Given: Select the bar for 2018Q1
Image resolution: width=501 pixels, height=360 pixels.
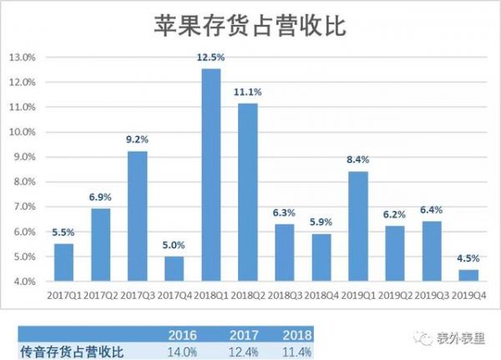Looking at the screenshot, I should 212,175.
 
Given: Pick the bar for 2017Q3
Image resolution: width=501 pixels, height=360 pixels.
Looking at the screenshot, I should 138,216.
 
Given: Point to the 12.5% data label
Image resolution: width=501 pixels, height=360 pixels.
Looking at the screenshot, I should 212,56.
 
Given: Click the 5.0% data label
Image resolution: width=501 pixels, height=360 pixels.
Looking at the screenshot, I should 175,244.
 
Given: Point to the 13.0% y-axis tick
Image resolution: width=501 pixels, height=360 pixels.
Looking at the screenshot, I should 22,58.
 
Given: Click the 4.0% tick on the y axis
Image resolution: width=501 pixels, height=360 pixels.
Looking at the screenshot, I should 23,281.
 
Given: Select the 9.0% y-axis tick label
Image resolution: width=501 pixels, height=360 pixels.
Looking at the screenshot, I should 23,157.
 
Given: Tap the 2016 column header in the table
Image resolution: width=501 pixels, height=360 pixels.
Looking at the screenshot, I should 184,335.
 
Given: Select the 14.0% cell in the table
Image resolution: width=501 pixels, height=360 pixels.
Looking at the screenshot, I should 184,352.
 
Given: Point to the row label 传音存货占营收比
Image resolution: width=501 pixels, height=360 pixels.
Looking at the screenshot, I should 71,352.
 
